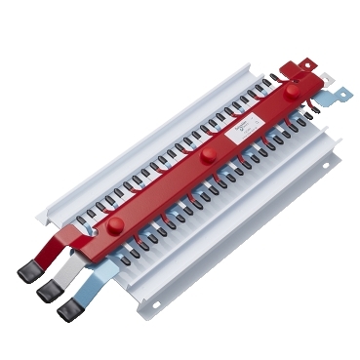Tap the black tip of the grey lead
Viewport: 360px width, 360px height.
pos(47,291)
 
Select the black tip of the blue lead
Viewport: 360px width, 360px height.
pos(69,310)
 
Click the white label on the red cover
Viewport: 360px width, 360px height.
pos(245,127)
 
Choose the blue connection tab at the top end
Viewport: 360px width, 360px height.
pos(336,95)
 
